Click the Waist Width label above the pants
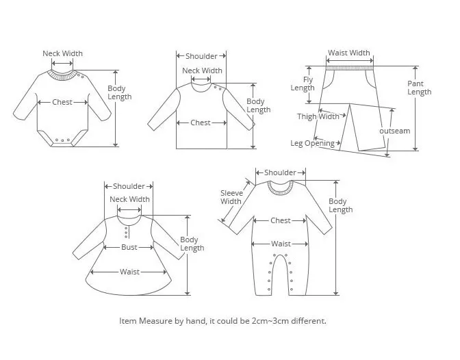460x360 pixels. (349, 53)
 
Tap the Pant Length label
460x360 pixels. (419, 88)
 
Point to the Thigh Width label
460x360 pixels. (318, 116)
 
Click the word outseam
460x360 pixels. (395, 131)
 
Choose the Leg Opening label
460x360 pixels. (312, 143)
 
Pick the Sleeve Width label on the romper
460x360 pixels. (231, 197)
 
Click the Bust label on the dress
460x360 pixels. (129, 247)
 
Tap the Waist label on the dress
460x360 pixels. (129, 272)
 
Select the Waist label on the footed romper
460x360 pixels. (281, 244)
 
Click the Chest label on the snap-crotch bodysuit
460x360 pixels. (62, 103)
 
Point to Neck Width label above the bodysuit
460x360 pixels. (62, 53)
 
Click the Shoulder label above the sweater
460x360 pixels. (201, 56)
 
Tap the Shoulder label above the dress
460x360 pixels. (129, 186)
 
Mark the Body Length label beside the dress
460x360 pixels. (192, 244)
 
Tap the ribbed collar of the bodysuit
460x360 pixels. (63, 75)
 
